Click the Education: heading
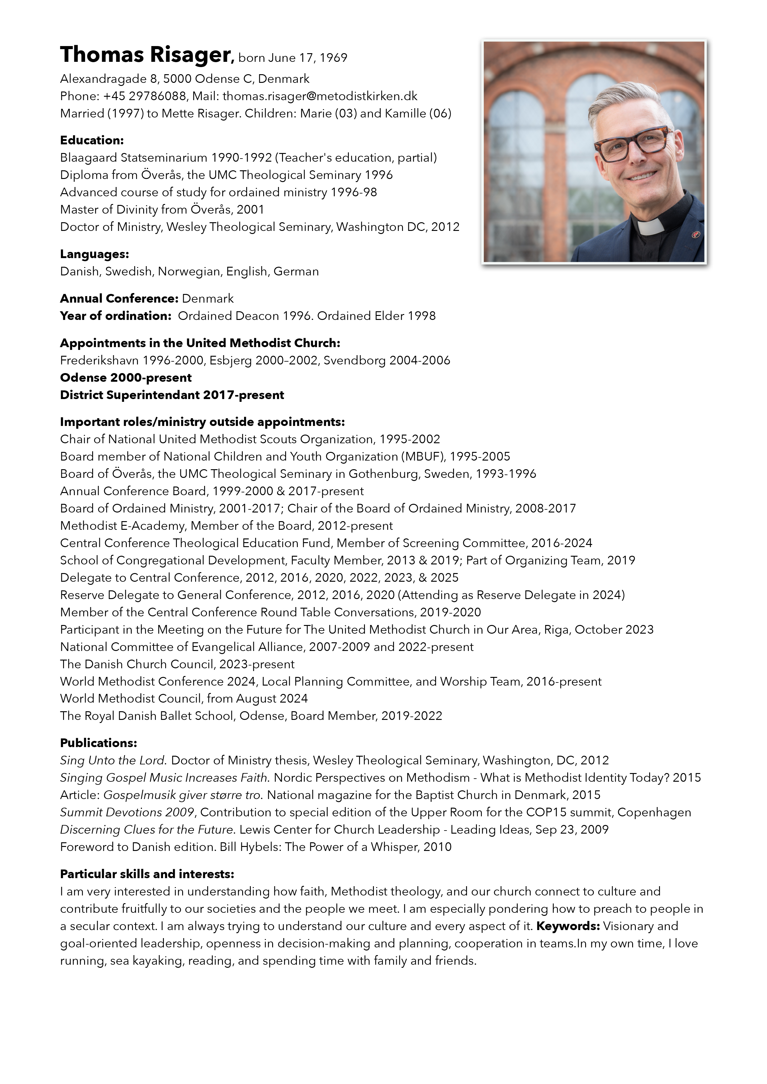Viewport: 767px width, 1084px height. coord(92,140)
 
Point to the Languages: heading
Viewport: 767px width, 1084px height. coord(94,254)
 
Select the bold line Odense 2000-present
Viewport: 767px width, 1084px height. coord(126,378)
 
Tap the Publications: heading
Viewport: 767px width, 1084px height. coord(98,743)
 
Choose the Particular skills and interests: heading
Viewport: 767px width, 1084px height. coord(147,874)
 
